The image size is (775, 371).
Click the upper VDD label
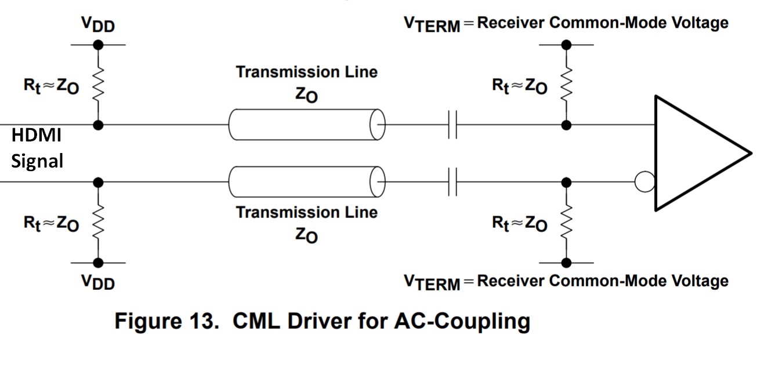tap(98, 24)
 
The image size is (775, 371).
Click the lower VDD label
tap(98, 282)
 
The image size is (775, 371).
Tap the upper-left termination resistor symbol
tap(98, 85)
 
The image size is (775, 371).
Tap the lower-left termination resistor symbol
tap(98, 222)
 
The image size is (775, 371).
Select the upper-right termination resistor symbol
tap(566, 85)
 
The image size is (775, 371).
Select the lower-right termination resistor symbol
tap(566, 222)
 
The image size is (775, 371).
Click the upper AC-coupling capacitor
tap(452, 125)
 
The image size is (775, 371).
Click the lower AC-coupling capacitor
tap(452, 182)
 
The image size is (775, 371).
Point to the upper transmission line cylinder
tap(307, 125)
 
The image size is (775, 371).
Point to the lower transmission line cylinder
tap(307, 182)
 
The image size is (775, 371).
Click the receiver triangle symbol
tap(703, 153)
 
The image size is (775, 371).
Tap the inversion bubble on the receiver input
tap(644, 182)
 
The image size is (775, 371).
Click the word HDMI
tap(37, 135)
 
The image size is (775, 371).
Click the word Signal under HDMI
tap(37, 161)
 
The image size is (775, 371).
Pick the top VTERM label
tap(432, 24)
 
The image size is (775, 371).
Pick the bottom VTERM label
tap(432, 282)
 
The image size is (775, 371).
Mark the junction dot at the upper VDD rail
tap(98, 45)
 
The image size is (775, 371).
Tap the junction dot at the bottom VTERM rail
tap(566, 263)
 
